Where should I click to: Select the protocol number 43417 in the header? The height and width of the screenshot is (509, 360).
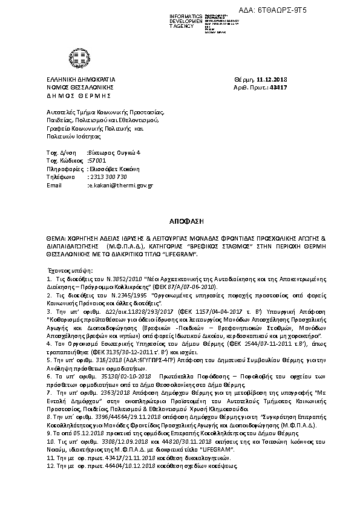279,87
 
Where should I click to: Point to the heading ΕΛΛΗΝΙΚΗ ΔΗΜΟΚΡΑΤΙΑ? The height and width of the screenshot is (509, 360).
81,79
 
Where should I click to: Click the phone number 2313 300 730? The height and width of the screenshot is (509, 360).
108,177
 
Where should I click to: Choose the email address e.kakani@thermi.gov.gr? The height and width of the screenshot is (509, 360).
120,185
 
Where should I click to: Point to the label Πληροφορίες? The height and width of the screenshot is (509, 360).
65,169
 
